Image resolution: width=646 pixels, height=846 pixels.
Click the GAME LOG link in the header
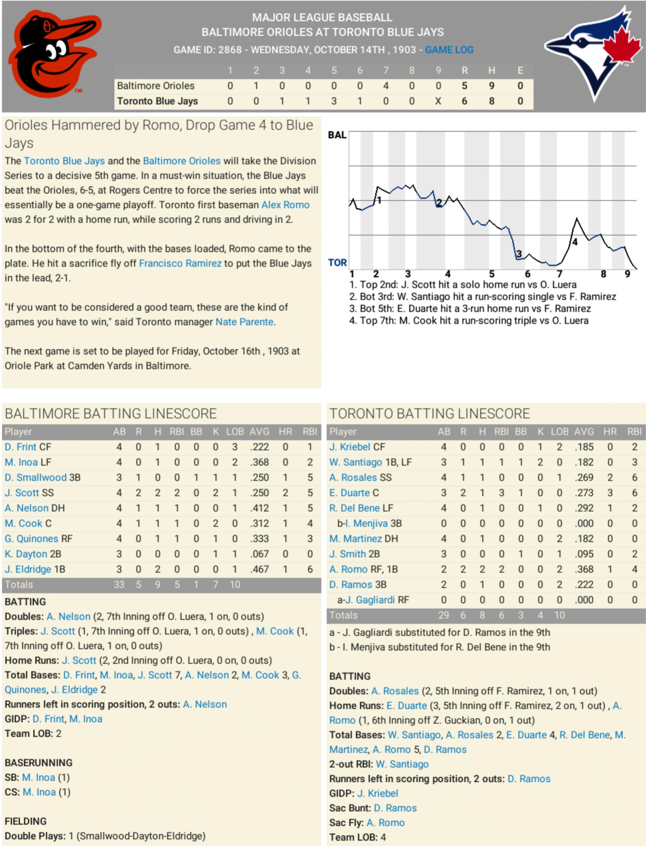[x=449, y=50]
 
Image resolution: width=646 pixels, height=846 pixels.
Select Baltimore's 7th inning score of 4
[x=385, y=86]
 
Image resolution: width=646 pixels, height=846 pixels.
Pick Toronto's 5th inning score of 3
[x=334, y=101]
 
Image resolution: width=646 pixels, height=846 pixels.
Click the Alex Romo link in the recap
[x=285, y=205]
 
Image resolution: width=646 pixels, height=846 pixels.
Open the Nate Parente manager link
[x=244, y=322]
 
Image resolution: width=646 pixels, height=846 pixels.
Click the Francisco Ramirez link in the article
[x=180, y=263]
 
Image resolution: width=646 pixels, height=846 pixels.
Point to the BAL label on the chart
[x=337, y=135]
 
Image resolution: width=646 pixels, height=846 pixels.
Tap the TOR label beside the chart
[x=337, y=262]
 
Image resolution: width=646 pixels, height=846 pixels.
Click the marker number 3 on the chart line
[x=519, y=254]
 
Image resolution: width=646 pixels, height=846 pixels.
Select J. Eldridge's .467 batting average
[x=259, y=569]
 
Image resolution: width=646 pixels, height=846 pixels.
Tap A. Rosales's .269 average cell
[x=584, y=477]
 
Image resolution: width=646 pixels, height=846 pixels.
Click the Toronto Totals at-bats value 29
[x=443, y=615]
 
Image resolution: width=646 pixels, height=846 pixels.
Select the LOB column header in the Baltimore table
[x=235, y=431]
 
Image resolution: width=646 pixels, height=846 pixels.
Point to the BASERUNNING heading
[x=39, y=762]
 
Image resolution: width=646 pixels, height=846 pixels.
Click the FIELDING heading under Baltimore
[x=26, y=821]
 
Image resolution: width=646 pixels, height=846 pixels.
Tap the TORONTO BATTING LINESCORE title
[x=430, y=414]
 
